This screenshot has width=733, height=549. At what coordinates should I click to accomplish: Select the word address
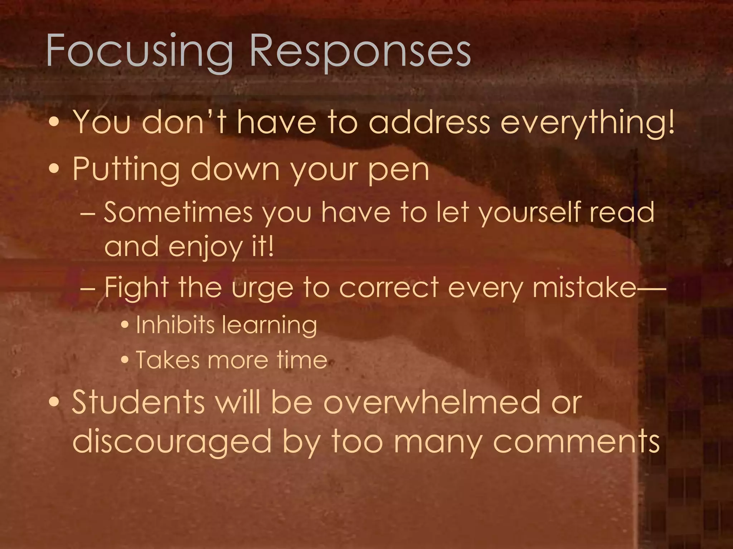[x=429, y=122]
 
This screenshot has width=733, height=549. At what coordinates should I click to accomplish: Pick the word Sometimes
[x=178, y=212]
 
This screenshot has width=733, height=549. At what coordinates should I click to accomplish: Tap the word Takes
[x=168, y=360]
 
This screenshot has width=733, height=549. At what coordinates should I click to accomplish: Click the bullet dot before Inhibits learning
[x=125, y=325]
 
